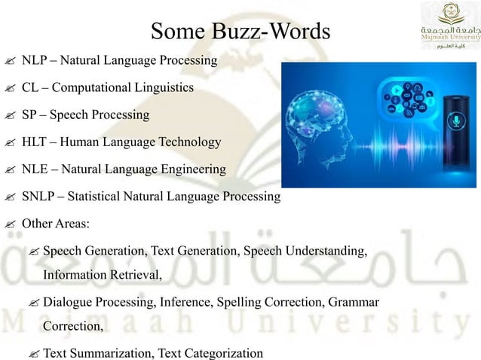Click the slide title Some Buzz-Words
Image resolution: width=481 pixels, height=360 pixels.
(x=240, y=32)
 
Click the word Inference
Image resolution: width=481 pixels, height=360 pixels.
(x=185, y=303)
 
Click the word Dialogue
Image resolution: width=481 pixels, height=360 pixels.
(x=69, y=303)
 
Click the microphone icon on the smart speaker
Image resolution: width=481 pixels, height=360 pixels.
(x=454, y=121)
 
